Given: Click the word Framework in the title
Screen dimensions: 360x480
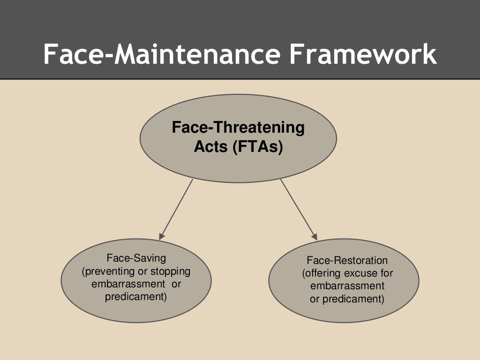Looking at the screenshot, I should pyautogui.click(x=362, y=55).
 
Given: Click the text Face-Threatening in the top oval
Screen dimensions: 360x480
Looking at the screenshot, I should pyautogui.click(x=238, y=128).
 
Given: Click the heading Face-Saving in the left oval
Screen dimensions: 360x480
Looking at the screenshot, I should pyautogui.click(x=136, y=258).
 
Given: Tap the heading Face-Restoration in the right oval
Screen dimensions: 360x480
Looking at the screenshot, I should pyautogui.click(x=347, y=260).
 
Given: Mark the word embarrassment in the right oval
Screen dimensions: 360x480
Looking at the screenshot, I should pyautogui.click(x=347, y=286).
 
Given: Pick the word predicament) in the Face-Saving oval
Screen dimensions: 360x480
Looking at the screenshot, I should pyautogui.click(x=136, y=297).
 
